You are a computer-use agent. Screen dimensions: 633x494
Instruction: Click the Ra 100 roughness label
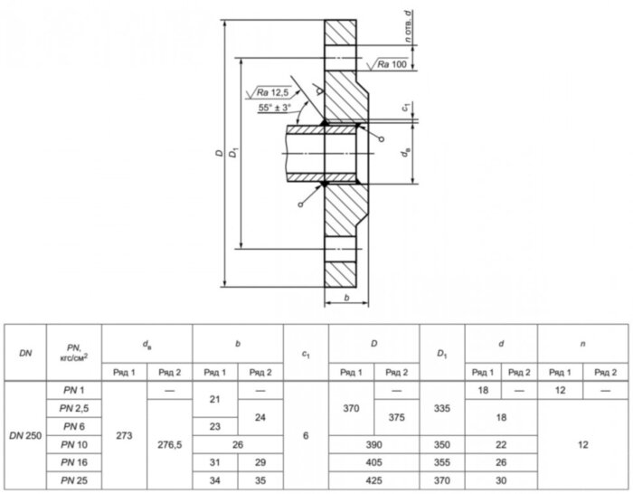(392, 64)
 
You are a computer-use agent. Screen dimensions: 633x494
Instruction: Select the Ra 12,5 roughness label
(272, 92)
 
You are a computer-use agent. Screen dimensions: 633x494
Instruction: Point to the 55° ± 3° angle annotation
(275, 108)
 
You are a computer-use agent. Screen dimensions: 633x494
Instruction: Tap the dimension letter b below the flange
(346, 298)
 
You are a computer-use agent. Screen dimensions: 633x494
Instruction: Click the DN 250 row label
(25, 436)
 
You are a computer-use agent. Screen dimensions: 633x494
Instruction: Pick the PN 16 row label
(74, 462)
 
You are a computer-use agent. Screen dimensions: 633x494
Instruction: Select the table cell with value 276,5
(170, 445)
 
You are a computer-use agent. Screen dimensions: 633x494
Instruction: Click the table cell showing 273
(124, 436)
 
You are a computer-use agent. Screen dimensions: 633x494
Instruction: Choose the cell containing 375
(396, 417)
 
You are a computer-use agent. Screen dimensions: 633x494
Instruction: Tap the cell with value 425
(373, 480)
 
